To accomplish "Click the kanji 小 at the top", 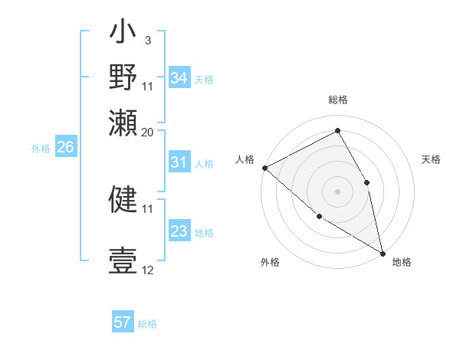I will point(123,34).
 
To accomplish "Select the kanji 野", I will point(123,78).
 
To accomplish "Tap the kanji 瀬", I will point(123,122).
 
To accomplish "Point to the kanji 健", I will point(123,199).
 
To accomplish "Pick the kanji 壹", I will point(123,261).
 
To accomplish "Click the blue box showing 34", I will point(179,78).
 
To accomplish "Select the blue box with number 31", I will point(179,162).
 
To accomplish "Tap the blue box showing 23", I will point(179,231).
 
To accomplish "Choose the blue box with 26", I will point(65,148).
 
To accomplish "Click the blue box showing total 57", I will point(123,322).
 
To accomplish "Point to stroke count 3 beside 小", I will point(147,40).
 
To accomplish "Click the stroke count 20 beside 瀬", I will point(148,131).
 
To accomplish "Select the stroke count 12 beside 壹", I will point(148,270).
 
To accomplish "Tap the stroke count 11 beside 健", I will point(148,208).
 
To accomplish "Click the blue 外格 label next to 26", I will point(41,149).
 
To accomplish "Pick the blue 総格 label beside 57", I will point(147,323).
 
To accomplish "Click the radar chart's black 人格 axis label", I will point(245,159).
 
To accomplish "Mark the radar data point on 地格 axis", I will point(383,252).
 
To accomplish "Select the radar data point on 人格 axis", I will point(264,168).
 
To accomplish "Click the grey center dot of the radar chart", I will point(337,191).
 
